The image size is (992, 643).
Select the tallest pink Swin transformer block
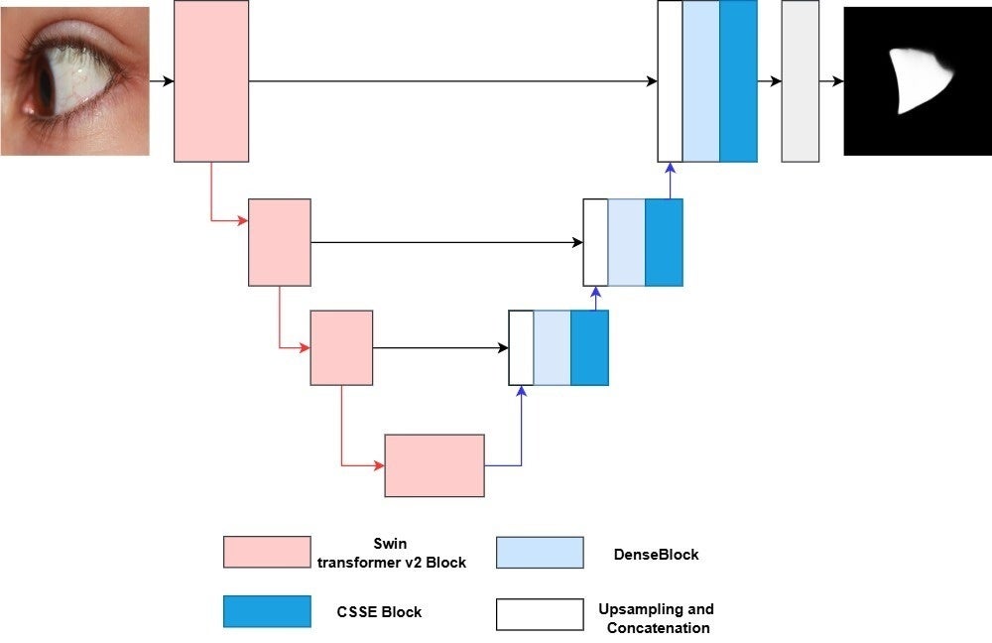210,81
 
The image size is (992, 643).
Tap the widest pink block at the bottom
434,465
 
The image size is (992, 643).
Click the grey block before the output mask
800,81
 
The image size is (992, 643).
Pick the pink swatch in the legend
267,552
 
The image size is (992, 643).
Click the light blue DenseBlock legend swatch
540,552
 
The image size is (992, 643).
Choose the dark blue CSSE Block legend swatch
267,612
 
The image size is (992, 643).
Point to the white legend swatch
540,614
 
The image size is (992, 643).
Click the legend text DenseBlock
656,555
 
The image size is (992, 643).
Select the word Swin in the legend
390,545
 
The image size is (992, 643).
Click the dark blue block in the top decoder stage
738,81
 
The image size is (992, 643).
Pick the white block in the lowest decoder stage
521,347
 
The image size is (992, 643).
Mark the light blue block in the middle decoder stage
626,242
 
